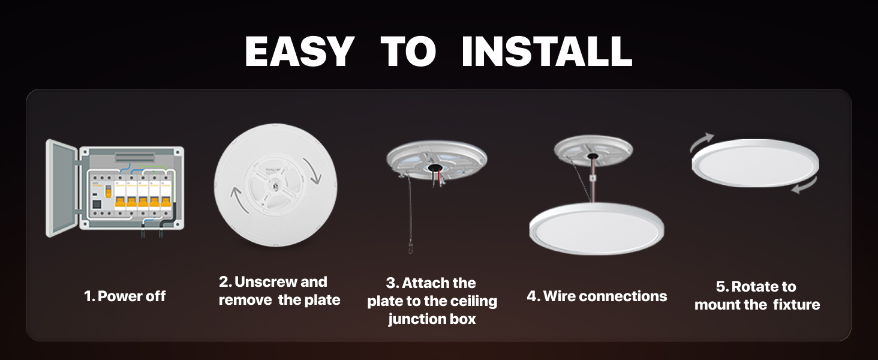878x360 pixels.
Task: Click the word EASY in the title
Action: click(299, 52)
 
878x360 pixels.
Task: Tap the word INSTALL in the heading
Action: click(546, 52)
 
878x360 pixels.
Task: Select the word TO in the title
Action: click(408, 52)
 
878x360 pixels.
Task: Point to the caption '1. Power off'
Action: click(125, 296)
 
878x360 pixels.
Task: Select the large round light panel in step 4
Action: click(596, 229)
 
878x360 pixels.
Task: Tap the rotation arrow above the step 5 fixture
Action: click(701, 144)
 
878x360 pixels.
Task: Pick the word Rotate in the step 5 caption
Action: click(763, 287)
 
